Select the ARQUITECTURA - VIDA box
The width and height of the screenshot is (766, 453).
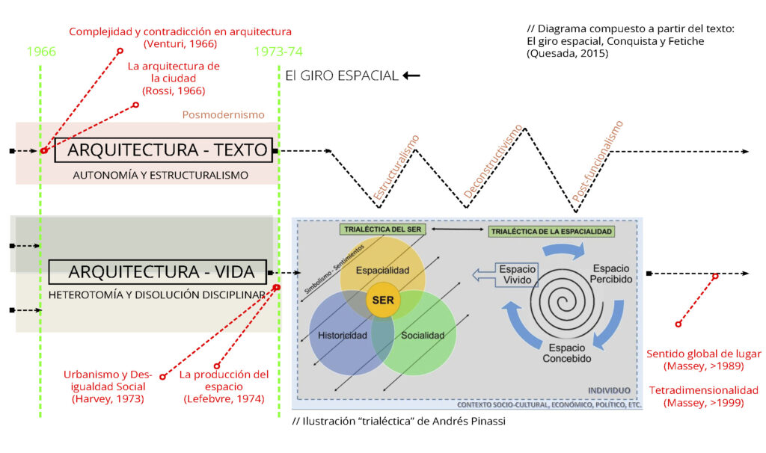tap(157, 272)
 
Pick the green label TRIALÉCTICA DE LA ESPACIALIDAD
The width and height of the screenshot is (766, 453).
tap(552, 232)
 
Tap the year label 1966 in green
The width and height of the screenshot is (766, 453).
tap(40, 52)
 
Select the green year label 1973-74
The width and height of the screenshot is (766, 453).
tap(278, 52)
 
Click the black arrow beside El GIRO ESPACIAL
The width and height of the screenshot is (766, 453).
tap(411, 75)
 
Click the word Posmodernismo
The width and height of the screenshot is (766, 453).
tap(223, 115)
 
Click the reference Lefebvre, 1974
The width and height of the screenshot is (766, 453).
tap(224, 398)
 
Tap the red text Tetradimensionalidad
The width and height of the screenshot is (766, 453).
tap(703, 390)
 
